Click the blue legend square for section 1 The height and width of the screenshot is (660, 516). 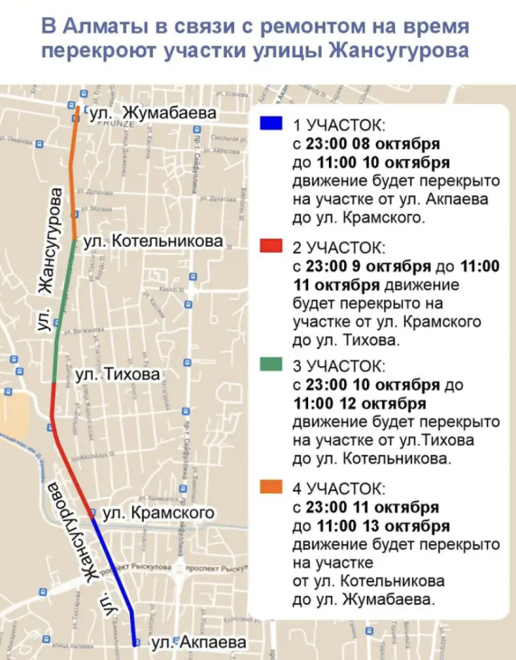point(268,126)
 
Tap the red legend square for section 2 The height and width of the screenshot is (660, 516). point(268,247)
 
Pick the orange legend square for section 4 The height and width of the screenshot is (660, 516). point(268,487)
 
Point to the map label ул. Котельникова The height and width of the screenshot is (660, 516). point(153,242)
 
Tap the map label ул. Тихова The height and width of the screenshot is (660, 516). point(117,373)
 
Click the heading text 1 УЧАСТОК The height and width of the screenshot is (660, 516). point(340,126)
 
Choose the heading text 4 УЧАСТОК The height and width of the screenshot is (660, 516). point(340,488)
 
